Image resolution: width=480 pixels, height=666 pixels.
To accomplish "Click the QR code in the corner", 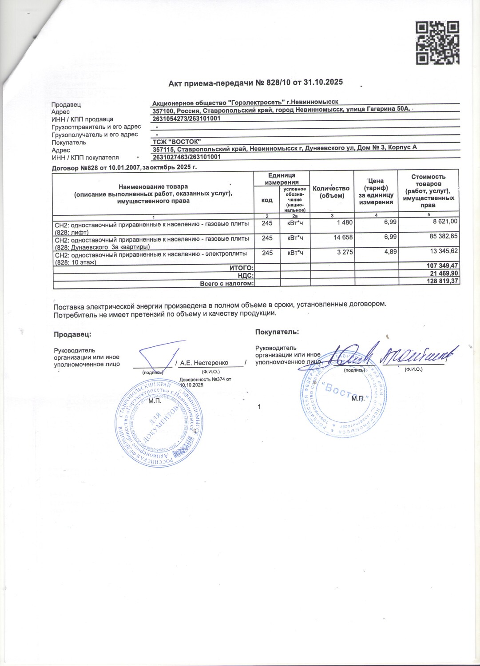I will click(437, 43).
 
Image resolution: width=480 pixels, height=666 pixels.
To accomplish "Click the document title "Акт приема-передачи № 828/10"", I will click(255, 83).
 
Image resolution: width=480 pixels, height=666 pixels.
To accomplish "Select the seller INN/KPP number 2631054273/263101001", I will click(186, 119).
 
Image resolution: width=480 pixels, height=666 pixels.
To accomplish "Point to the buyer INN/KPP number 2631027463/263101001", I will click(186, 157).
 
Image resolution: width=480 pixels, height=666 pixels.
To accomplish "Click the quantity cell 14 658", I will click(343, 238).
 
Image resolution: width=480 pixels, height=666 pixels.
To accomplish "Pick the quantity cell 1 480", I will click(345, 222).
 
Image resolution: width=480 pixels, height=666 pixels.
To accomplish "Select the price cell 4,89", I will click(390, 252).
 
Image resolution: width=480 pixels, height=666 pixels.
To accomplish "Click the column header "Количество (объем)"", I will click(331, 192).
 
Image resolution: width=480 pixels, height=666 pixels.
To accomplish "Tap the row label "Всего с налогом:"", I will click(226, 283).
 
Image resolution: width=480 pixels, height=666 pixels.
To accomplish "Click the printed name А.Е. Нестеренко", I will click(204, 363).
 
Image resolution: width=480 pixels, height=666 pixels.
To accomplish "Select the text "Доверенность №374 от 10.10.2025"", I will click(205, 382).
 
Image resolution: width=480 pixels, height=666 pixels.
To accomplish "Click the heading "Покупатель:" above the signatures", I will click(277, 332).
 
